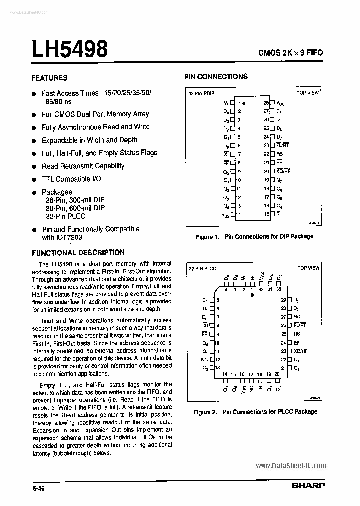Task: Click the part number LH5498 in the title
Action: tap(70, 50)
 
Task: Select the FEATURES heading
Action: tap(49, 78)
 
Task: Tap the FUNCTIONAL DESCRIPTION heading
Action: tap(78, 253)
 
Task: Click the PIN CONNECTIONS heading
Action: tap(216, 77)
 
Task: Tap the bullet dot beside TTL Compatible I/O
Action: tap(34, 180)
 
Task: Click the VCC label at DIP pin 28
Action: tap(280, 103)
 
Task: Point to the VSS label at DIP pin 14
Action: tap(225, 215)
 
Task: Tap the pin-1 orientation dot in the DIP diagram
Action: tap(244, 103)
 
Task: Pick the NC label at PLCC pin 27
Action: tap(297, 317)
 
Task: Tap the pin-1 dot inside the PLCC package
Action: tap(252, 295)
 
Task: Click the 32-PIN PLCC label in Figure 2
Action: tap(202, 268)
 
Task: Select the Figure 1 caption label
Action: tap(207, 236)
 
